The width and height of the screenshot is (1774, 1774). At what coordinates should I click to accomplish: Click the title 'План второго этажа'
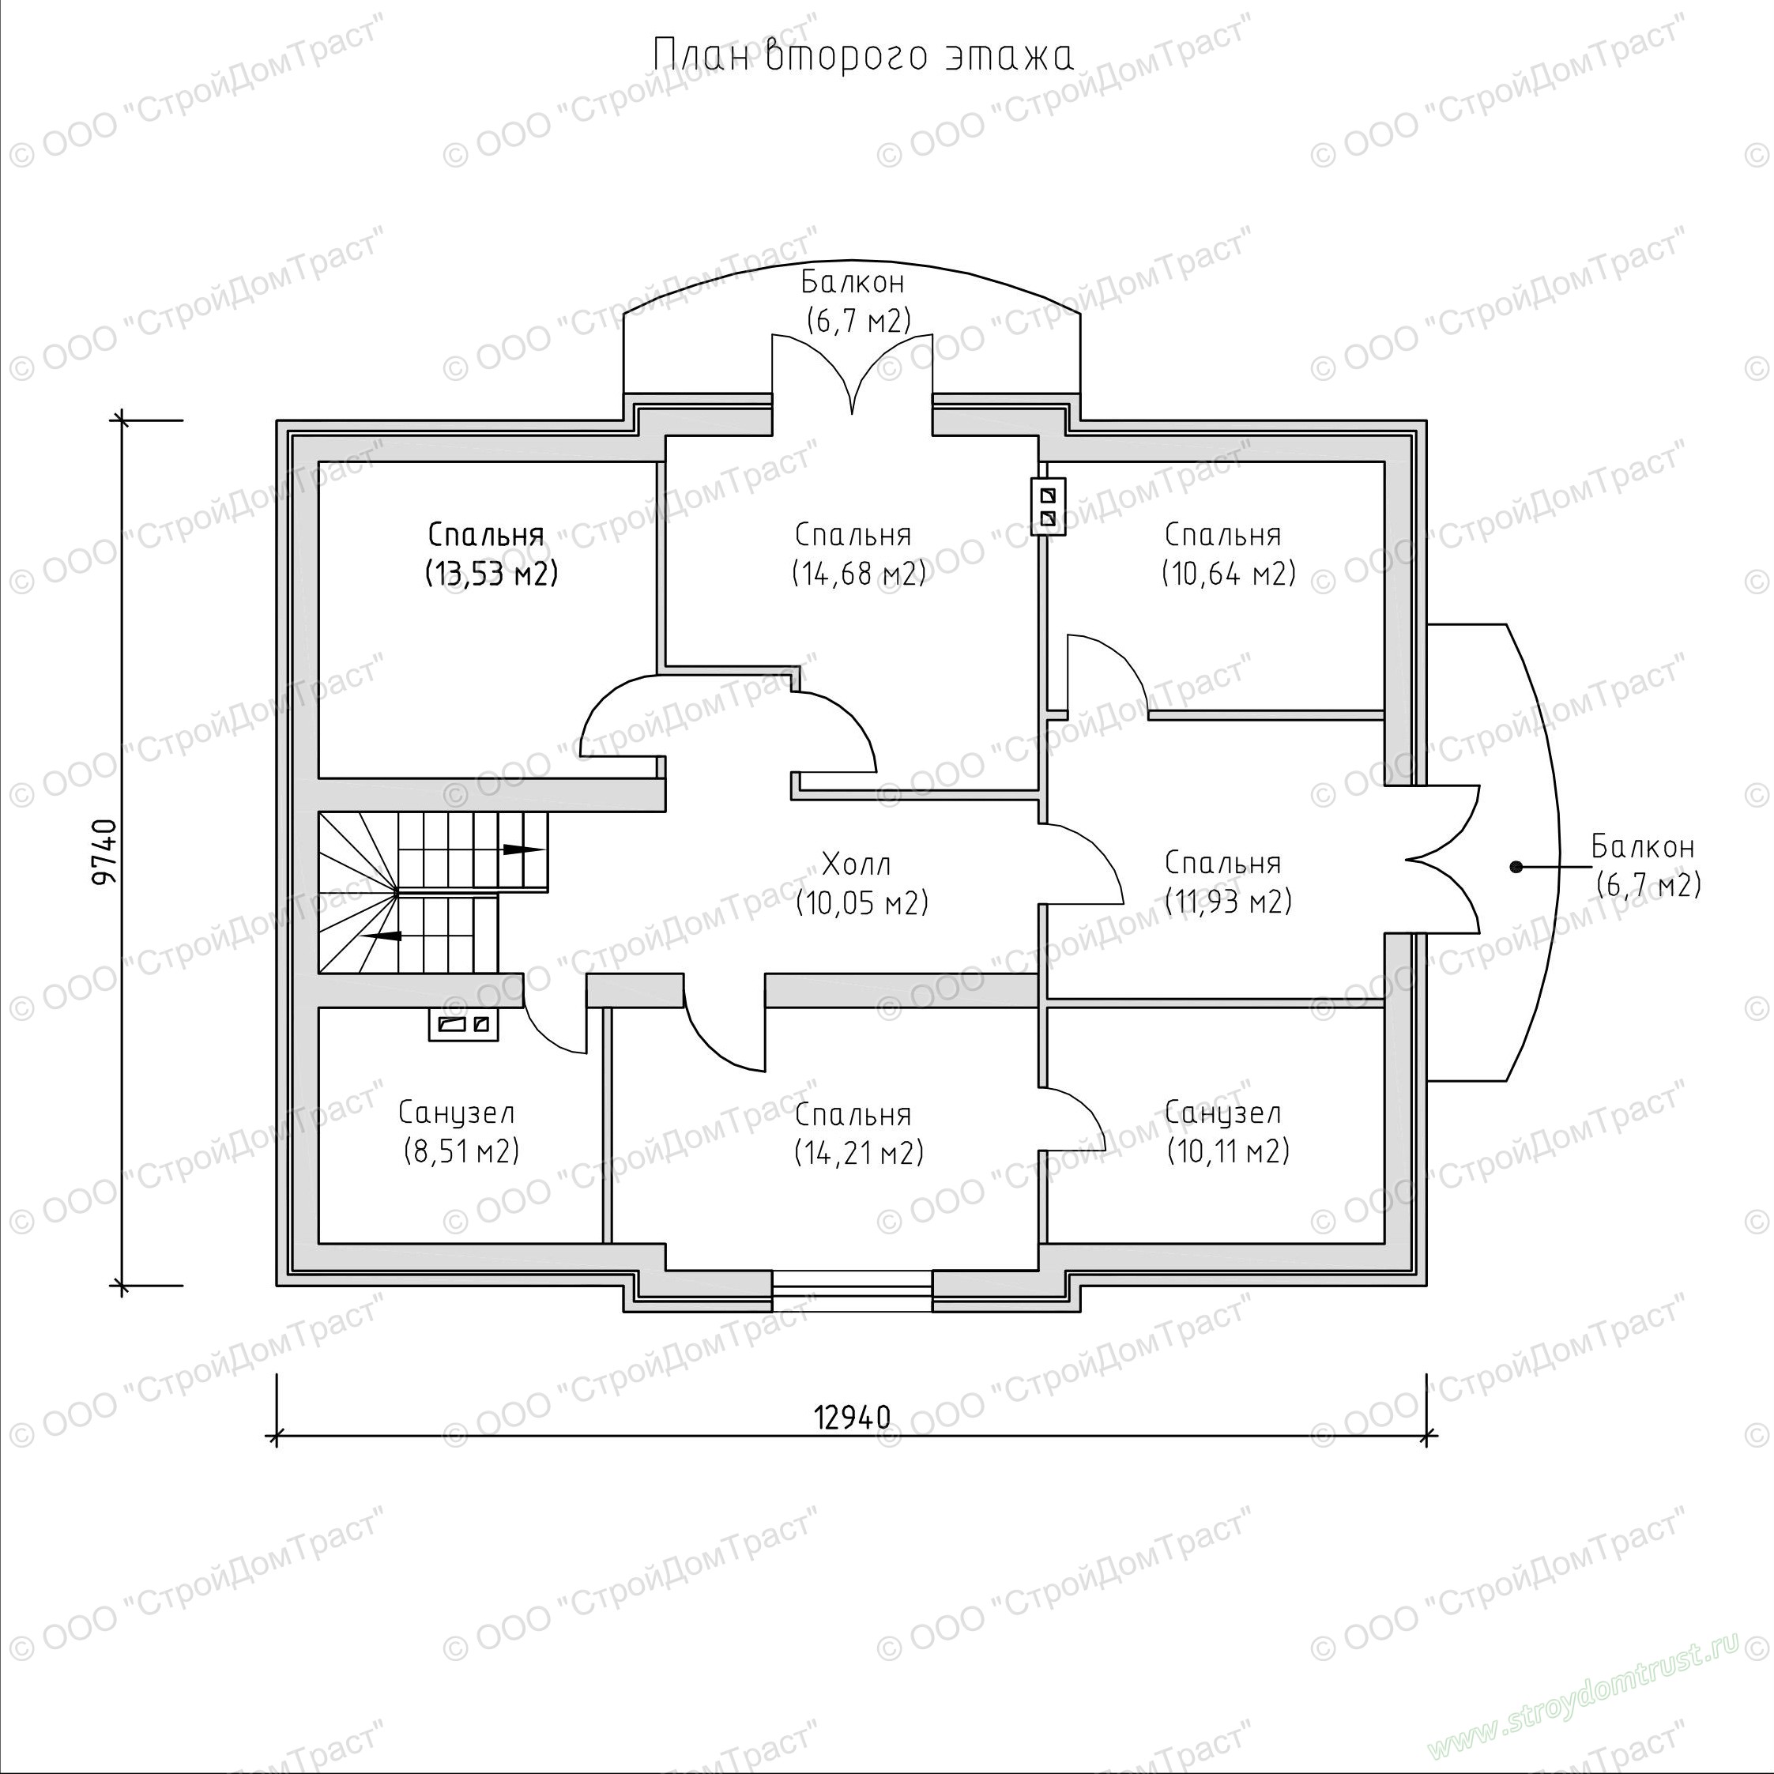tap(862, 56)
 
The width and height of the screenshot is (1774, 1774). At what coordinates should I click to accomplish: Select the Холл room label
tap(856, 864)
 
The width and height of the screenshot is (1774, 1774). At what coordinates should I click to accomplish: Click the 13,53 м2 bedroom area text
tap(492, 574)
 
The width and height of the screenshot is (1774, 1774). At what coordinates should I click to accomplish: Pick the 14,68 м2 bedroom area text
tap(858, 574)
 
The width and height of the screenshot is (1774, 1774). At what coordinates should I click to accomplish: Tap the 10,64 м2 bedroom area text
tap(1229, 574)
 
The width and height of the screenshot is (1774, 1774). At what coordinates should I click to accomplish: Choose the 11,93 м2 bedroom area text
tap(1229, 902)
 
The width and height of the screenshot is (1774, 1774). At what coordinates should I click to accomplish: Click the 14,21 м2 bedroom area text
tap(858, 1153)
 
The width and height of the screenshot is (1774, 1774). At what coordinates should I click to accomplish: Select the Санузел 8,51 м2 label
tap(459, 1132)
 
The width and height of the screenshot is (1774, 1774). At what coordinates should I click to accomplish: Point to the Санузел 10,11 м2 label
tap(1228, 1132)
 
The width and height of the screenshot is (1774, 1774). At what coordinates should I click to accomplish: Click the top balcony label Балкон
tap(853, 281)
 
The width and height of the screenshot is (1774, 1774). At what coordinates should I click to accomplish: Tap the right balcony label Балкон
tap(1643, 846)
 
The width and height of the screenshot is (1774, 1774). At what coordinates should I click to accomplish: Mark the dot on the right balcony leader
tap(1516, 866)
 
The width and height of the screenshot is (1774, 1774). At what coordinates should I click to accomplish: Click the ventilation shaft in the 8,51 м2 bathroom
tap(464, 1024)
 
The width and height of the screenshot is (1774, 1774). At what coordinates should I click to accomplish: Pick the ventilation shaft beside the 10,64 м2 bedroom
tap(1048, 507)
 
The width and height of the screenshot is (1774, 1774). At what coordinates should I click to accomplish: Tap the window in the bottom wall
tap(852, 1290)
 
